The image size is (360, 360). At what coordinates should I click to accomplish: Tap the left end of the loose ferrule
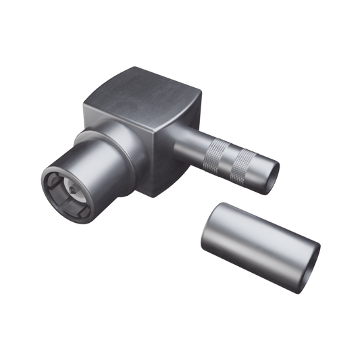click(213, 227)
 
